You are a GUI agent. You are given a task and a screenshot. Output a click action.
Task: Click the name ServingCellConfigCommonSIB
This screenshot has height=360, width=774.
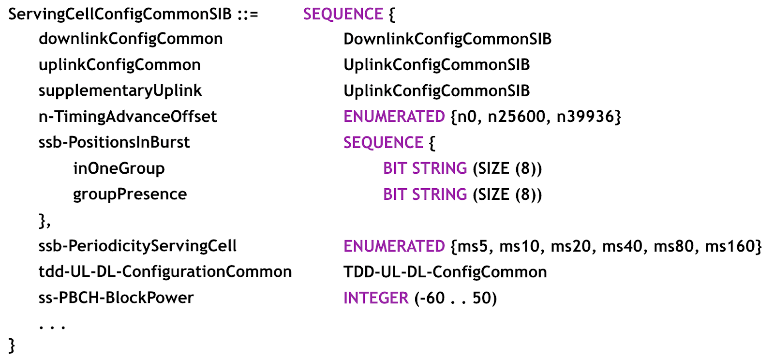click(120, 14)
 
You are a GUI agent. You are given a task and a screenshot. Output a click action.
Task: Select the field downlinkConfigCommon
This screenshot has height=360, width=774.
click(131, 39)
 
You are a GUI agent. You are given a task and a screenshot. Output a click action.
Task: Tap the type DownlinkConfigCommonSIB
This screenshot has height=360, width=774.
click(447, 39)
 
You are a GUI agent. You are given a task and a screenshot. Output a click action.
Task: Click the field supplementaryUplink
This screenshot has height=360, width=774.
click(120, 90)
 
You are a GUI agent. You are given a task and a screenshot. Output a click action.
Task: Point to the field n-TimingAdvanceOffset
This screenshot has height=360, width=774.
click(128, 117)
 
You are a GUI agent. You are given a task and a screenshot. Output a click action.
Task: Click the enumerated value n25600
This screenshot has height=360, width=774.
click(516, 117)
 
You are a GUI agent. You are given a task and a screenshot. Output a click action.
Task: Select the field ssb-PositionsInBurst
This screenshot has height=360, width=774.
click(114, 142)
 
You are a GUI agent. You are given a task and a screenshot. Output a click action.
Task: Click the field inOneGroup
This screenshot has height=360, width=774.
click(119, 168)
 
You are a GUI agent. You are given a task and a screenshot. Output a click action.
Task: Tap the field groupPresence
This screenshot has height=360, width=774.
click(130, 194)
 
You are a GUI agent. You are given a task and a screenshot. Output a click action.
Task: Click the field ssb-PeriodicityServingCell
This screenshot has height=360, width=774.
click(137, 246)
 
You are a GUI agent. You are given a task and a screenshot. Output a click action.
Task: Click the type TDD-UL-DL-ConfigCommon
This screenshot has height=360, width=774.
click(445, 272)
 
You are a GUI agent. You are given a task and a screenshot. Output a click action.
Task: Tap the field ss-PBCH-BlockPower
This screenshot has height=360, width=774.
click(116, 298)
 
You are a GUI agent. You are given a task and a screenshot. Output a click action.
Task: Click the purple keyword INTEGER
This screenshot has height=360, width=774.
click(376, 298)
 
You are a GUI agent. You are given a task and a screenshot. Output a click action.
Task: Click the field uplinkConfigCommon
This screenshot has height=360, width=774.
click(119, 65)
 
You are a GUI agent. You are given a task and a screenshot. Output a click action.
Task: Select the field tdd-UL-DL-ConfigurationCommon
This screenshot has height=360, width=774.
click(165, 272)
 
